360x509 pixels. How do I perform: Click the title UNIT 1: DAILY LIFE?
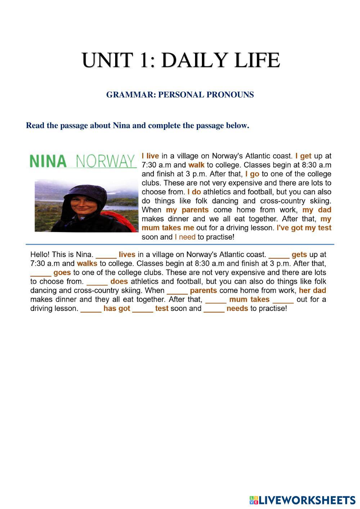[181, 60]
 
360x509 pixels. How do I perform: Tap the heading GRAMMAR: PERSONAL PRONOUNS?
[180, 95]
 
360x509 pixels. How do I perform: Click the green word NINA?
[48, 161]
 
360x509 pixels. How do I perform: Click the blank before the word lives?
[106, 255]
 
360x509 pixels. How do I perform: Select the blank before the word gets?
[279, 255]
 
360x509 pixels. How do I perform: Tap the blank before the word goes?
[41, 273]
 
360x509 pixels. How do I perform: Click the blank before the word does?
[97, 282]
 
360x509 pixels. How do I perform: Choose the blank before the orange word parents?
[177, 291]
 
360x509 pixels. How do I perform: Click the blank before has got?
[91, 309]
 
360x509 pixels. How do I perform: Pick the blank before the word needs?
[214, 309]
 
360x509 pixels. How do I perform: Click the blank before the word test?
[143, 309]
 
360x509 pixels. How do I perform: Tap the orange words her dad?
[312, 290]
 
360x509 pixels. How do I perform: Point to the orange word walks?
[87, 263]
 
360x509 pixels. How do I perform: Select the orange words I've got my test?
[304, 228]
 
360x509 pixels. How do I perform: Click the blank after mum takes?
[283, 300]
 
